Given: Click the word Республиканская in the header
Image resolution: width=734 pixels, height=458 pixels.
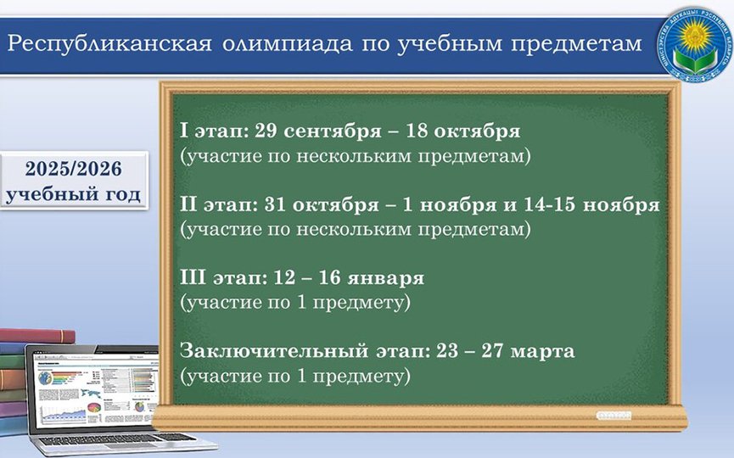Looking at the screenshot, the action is [x=109, y=44].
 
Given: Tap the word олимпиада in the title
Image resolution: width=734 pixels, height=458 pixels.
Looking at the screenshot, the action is [x=288, y=44].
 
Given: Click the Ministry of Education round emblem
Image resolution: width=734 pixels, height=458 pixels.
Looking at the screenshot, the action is [x=694, y=44].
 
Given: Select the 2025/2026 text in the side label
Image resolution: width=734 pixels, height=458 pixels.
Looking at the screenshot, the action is [x=74, y=169].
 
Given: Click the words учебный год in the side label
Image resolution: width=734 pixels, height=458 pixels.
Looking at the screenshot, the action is [x=74, y=194].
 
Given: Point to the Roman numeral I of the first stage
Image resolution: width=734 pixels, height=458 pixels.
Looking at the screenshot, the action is [x=184, y=131].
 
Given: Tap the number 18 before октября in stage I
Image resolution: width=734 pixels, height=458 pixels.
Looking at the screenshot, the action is [x=417, y=131].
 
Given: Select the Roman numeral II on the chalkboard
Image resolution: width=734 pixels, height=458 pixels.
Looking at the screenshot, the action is [x=188, y=204].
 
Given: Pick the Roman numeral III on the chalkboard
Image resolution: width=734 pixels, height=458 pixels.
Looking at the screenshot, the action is [x=193, y=278].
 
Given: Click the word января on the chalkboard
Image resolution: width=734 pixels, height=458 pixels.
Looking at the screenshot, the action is [x=386, y=279].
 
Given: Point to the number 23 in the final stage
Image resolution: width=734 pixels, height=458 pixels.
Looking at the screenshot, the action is [x=447, y=351].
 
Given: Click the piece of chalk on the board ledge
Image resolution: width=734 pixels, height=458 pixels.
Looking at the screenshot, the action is [x=614, y=416].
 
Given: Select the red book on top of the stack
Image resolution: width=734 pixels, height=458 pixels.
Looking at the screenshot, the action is [x=37, y=335].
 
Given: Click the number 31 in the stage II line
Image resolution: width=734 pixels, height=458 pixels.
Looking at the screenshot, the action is [x=275, y=204].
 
